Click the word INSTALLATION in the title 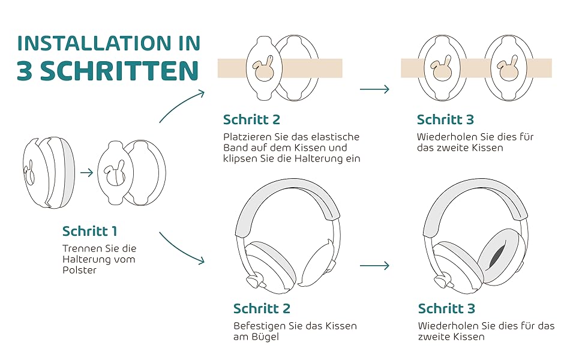point(94,43)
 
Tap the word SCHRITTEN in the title point(119,71)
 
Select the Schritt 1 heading point(90,231)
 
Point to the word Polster point(79,270)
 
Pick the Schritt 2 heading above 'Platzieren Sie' point(251,119)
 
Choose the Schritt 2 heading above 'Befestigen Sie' point(262,308)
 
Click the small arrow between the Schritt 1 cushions point(86,173)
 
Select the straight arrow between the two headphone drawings point(374,265)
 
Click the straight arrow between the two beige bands point(374,89)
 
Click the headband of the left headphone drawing point(288,193)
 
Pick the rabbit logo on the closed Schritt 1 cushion point(29,173)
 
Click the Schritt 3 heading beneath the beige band point(445,119)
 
